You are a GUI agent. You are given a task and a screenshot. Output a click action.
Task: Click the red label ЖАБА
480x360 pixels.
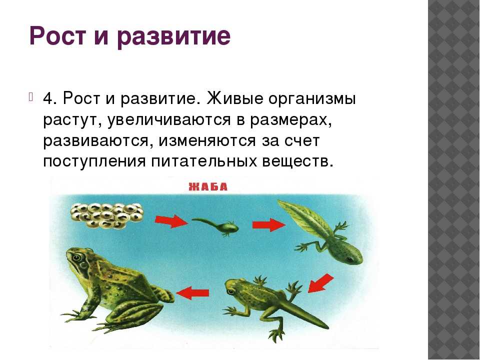point(208,186)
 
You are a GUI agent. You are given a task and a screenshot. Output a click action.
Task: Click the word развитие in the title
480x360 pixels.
point(174,36)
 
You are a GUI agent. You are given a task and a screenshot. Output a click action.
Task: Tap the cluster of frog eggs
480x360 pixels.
point(107,216)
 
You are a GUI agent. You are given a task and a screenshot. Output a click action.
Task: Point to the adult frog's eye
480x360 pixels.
point(76,257)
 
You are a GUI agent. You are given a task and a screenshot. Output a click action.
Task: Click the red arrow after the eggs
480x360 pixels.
point(171,221)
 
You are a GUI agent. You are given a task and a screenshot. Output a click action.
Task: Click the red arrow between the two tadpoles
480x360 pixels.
point(269,225)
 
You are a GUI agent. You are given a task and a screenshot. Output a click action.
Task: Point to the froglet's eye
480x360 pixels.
point(230,291)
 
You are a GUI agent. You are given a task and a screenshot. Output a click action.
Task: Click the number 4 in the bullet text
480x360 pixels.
point(48,99)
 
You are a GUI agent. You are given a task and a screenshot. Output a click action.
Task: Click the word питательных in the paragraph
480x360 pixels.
point(204,161)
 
